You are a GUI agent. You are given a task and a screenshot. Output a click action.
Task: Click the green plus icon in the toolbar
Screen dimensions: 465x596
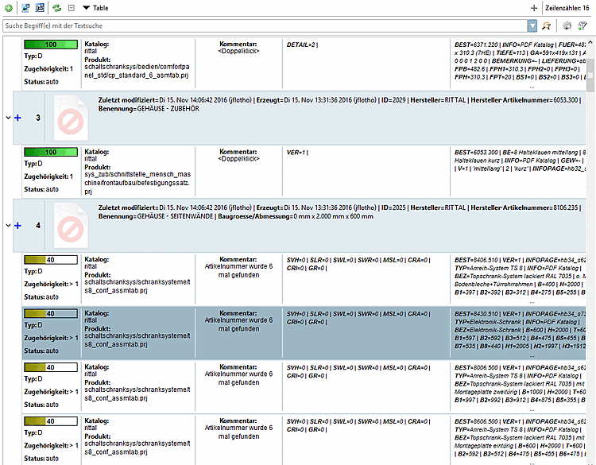click(8, 7)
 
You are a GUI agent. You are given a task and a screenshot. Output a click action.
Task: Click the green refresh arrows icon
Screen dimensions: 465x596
click(56, 7)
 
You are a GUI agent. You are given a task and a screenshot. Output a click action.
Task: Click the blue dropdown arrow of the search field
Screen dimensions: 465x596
click(532, 25)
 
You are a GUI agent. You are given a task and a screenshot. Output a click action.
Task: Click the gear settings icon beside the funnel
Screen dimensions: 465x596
click(567, 25)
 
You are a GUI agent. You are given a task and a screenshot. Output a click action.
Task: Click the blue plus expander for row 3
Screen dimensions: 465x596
click(17, 118)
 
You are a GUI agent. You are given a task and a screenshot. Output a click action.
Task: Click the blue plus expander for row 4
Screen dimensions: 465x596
click(17, 225)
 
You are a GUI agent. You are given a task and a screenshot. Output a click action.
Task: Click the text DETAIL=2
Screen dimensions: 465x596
click(302, 45)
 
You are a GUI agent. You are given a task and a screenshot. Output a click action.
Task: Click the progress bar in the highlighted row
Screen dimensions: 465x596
click(50, 313)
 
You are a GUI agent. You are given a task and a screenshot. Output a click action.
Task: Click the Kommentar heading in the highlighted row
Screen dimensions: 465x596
click(238, 313)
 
